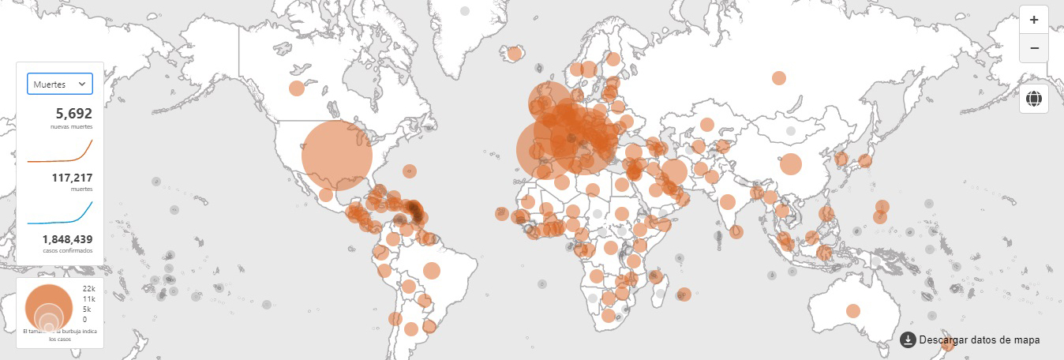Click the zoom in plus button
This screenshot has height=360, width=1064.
click(x=1034, y=20)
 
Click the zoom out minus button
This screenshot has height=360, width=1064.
click(x=1034, y=48)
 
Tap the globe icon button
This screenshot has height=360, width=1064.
click(x=1034, y=99)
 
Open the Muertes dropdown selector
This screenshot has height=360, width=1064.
click(x=60, y=84)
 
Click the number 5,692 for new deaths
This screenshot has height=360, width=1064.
click(x=73, y=114)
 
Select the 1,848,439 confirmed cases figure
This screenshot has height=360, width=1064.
click(x=67, y=238)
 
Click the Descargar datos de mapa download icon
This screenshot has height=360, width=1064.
click(x=908, y=339)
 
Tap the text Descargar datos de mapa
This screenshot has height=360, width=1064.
click(x=980, y=339)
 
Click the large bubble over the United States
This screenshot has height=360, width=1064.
click(x=337, y=155)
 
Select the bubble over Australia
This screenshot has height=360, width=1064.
click(x=853, y=310)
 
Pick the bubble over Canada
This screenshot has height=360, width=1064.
click(x=296, y=88)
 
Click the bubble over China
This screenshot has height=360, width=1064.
click(x=790, y=164)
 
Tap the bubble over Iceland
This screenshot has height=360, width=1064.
click(x=515, y=54)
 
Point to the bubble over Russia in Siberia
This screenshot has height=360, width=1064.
click(x=779, y=77)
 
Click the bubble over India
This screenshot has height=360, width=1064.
click(x=728, y=201)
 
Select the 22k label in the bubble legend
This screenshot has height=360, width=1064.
click(x=88, y=290)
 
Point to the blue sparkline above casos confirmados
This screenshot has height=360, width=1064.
click(x=60, y=214)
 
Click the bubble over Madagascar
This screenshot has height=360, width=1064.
click(x=684, y=294)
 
